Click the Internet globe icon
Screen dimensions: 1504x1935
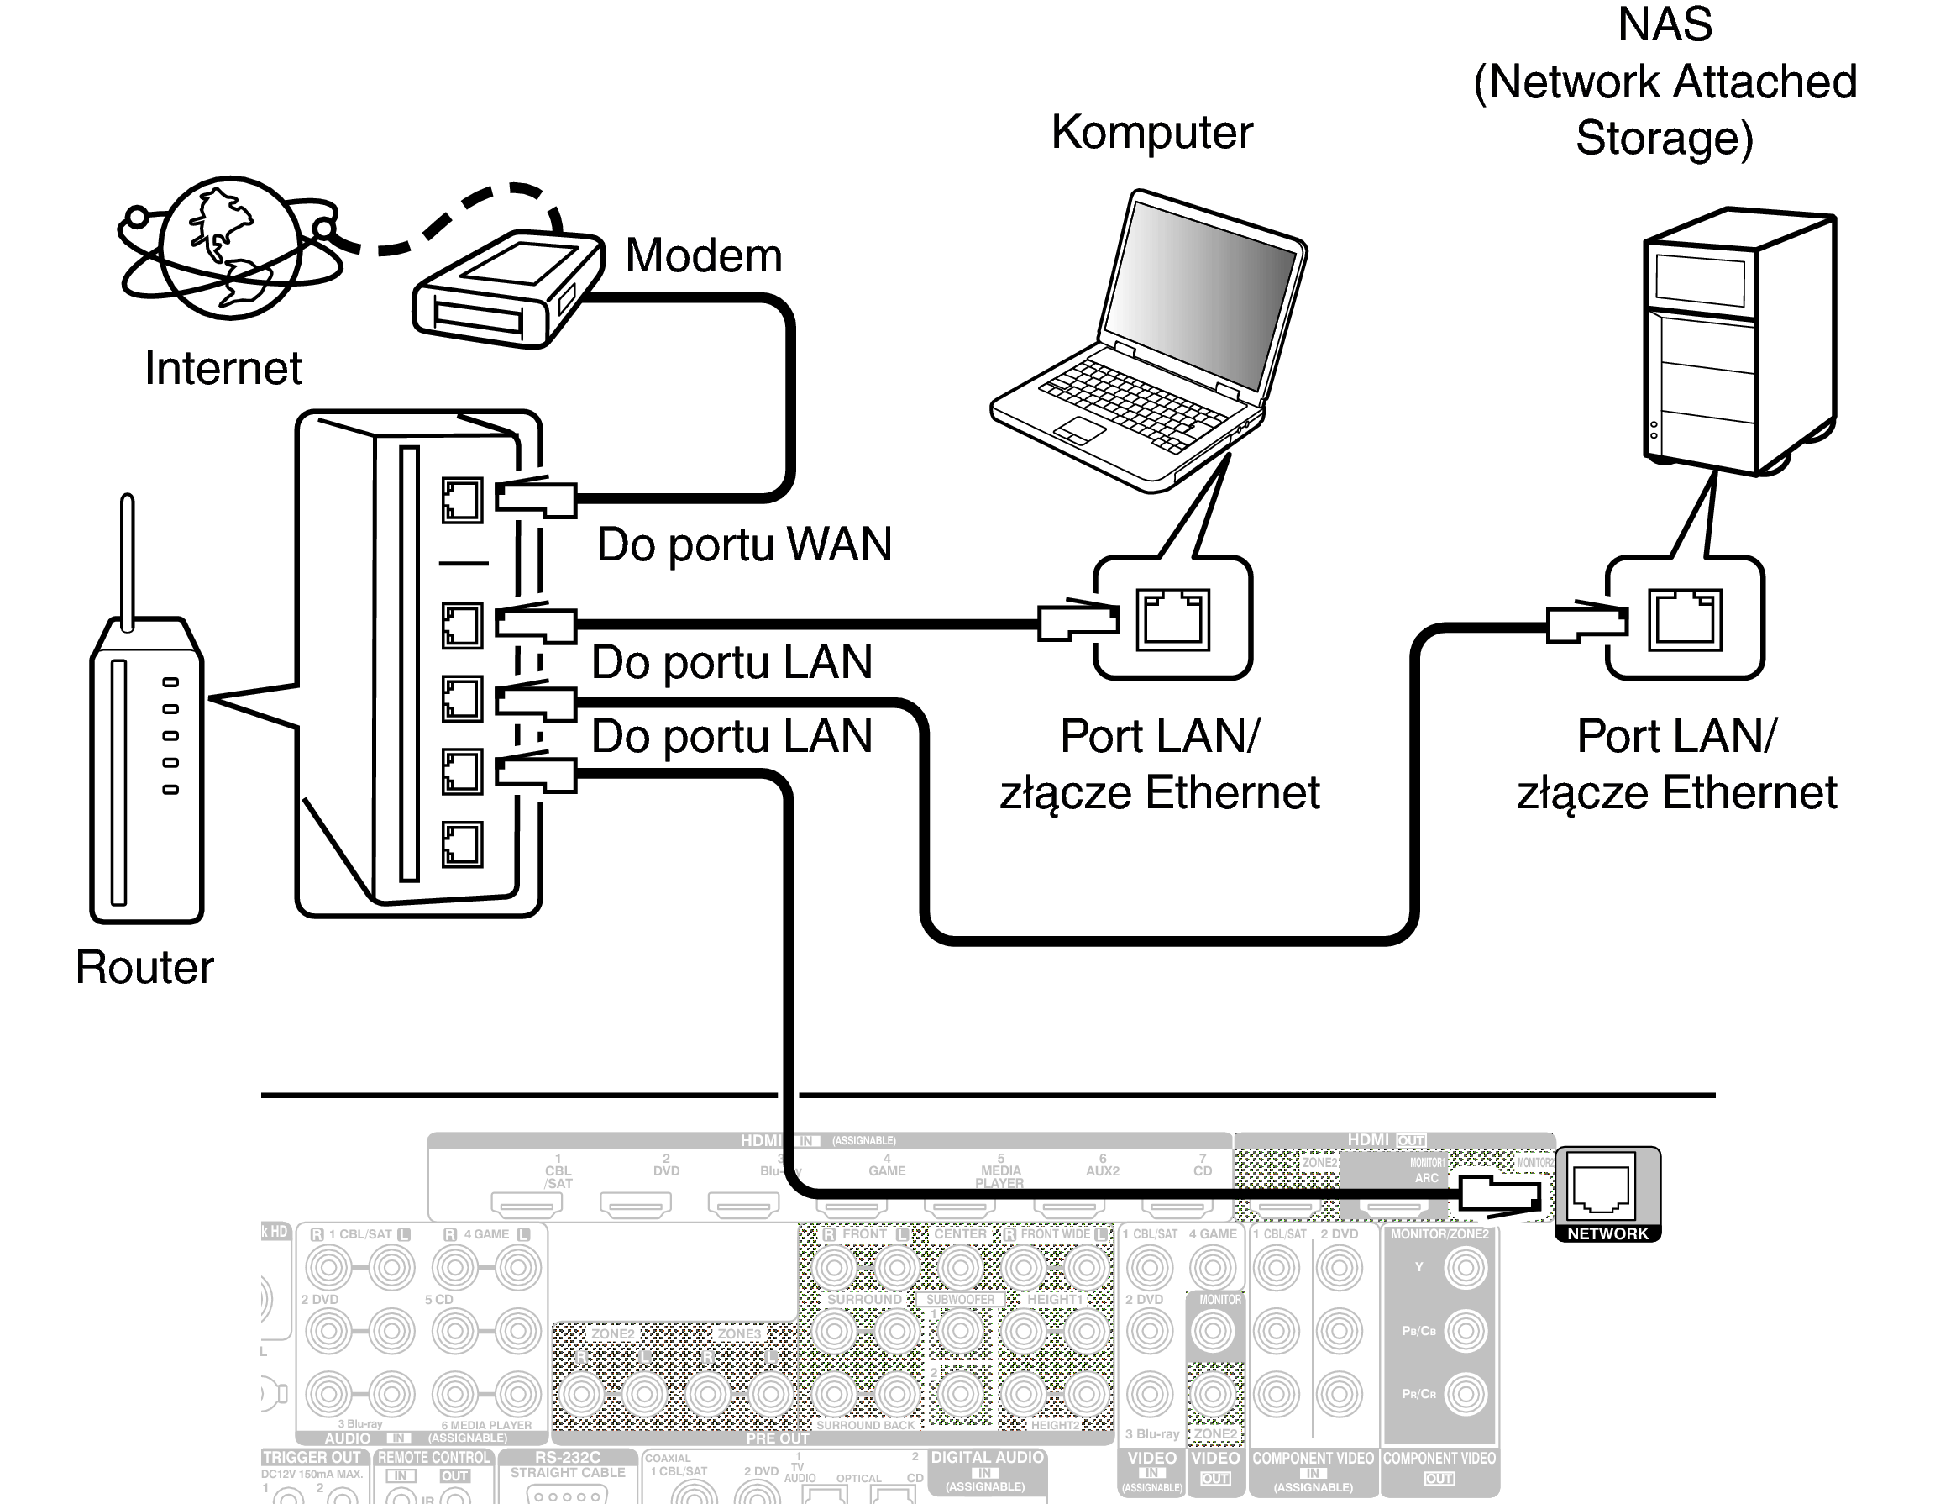(229, 247)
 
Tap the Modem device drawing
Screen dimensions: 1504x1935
(505, 288)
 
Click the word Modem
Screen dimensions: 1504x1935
(704, 255)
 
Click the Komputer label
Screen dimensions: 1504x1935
(1151, 133)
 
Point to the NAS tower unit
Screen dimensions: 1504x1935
(1737, 341)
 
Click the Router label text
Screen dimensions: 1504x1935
(144, 966)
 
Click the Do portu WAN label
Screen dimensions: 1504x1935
(743, 544)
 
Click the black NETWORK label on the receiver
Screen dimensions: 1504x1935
(1607, 1233)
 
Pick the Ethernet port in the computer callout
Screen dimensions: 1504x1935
(1173, 619)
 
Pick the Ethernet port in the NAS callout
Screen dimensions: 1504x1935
(1684, 619)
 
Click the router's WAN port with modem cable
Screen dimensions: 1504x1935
(462, 501)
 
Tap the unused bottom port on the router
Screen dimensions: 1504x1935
(462, 844)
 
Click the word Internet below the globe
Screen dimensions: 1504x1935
(223, 368)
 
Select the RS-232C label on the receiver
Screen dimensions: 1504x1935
(567, 1457)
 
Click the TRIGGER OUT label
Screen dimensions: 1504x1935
(312, 1457)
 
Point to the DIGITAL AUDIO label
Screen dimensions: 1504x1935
(987, 1457)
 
